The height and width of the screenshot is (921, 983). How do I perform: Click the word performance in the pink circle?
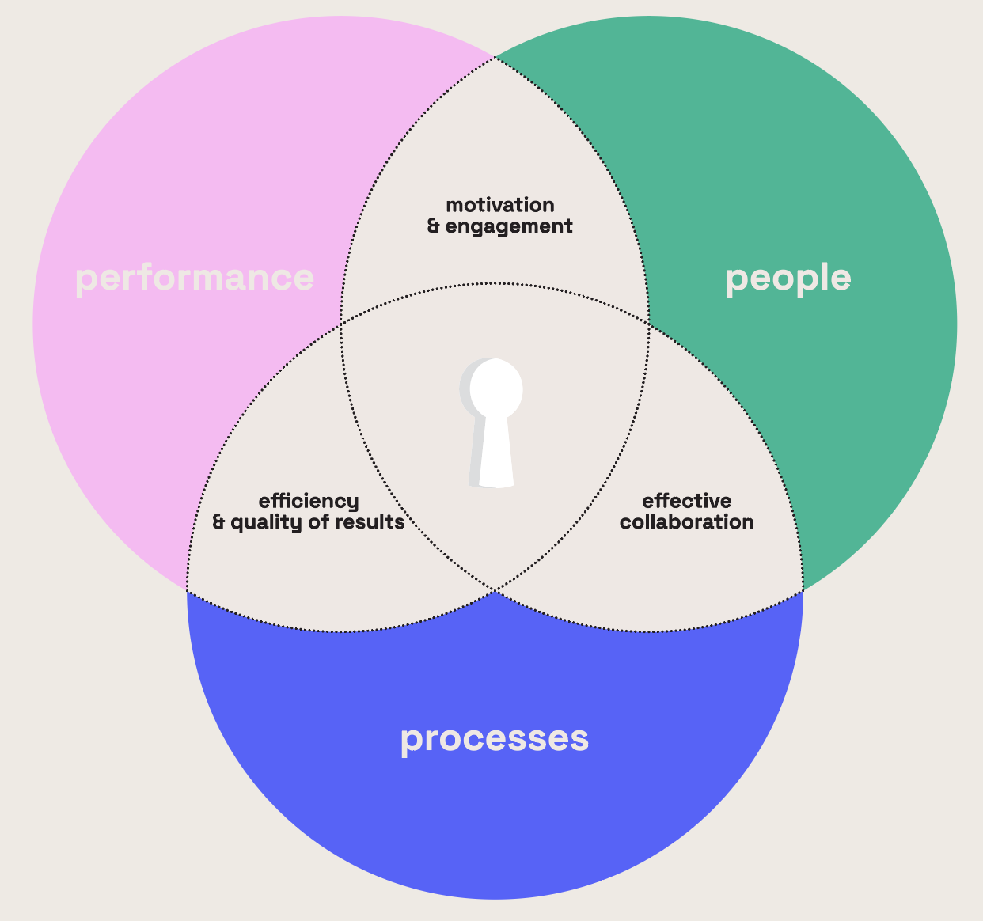point(194,279)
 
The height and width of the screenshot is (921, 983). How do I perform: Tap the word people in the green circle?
point(788,279)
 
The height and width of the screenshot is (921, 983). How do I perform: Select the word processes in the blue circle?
point(495,739)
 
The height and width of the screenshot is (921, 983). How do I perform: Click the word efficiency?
point(309,501)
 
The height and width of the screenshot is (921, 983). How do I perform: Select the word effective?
point(686,501)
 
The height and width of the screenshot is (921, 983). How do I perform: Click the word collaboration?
point(686,522)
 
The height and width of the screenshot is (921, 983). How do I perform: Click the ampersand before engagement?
point(433,226)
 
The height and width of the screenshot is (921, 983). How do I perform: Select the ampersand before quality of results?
point(218,522)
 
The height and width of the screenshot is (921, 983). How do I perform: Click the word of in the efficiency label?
point(321,522)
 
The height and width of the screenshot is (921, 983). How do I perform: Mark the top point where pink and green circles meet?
point(495,57)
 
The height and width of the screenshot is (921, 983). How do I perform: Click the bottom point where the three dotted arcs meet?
point(495,590)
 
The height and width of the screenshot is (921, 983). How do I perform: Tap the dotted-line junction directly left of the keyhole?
point(341,323)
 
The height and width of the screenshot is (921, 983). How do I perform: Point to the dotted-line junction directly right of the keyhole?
point(648,323)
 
